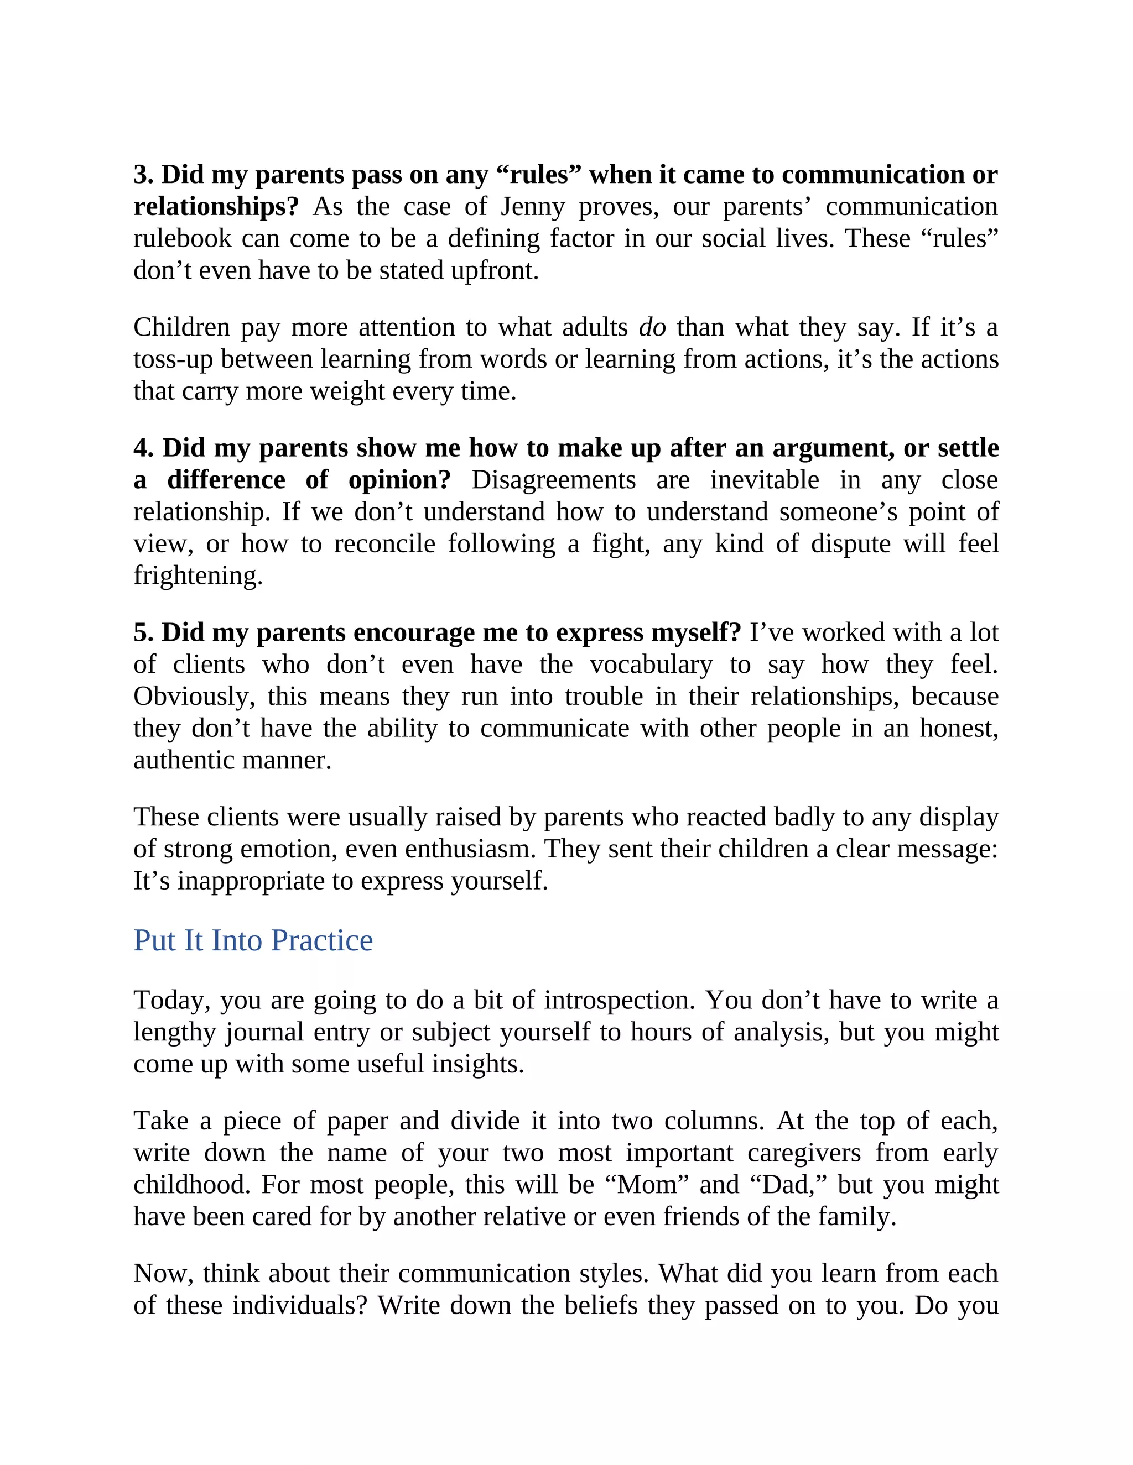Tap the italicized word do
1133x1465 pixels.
652,327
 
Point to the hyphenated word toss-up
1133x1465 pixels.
173,359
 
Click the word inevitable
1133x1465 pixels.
765,480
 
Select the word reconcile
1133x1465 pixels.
384,544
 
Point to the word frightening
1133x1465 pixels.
198,575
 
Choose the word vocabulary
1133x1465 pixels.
651,665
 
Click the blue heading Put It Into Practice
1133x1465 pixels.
253,940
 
